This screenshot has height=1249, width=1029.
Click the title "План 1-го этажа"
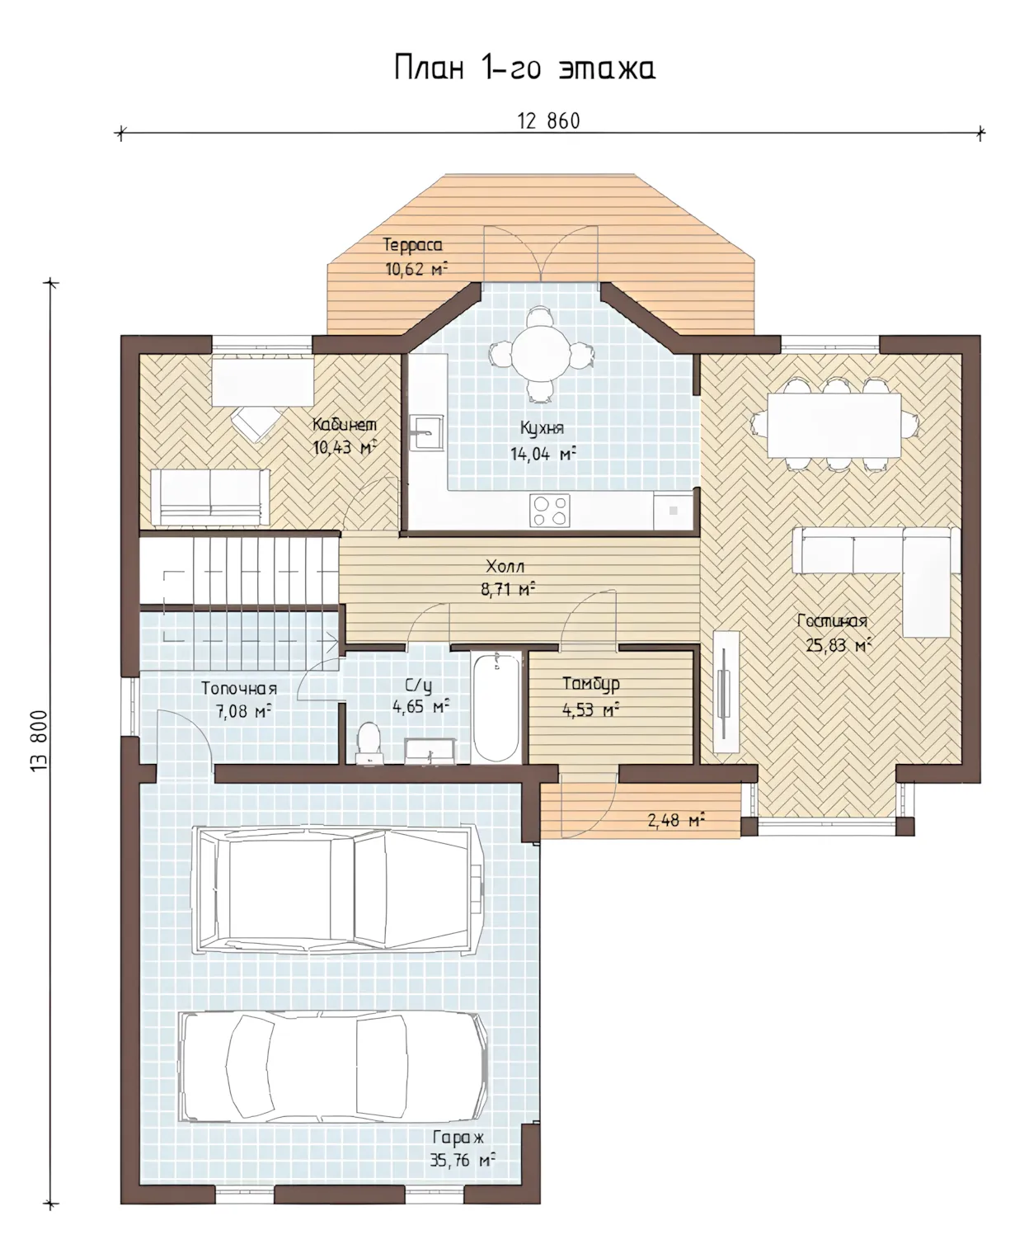pyautogui.click(x=524, y=68)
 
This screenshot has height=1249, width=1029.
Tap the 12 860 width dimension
pyautogui.click(x=548, y=121)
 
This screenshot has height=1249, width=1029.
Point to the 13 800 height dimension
pyautogui.click(x=39, y=741)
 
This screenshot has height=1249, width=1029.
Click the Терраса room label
pyautogui.click(x=412, y=245)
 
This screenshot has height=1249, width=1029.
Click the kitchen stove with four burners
pyautogui.click(x=549, y=511)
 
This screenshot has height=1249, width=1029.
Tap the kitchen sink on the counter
pyautogui.click(x=425, y=432)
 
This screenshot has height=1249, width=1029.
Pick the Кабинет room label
pyautogui.click(x=345, y=425)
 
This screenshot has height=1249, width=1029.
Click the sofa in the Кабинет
pyautogui.click(x=210, y=497)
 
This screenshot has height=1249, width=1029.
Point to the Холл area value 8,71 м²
pyautogui.click(x=508, y=590)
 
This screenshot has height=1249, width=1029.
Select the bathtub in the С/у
pyautogui.click(x=496, y=709)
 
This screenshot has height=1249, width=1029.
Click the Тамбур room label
pyautogui.click(x=590, y=684)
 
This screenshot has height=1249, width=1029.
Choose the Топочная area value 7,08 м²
pyautogui.click(x=243, y=711)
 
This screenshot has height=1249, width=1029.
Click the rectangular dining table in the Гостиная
pyautogui.click(x=834, y=425)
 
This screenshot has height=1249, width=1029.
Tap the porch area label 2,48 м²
pyautogui.click(x=675, y=820)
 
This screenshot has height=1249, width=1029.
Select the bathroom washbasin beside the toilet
pyautogui.click(x=430, y=751)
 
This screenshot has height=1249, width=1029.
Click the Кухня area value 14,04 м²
pyautogui.click(x=543, y=454)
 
